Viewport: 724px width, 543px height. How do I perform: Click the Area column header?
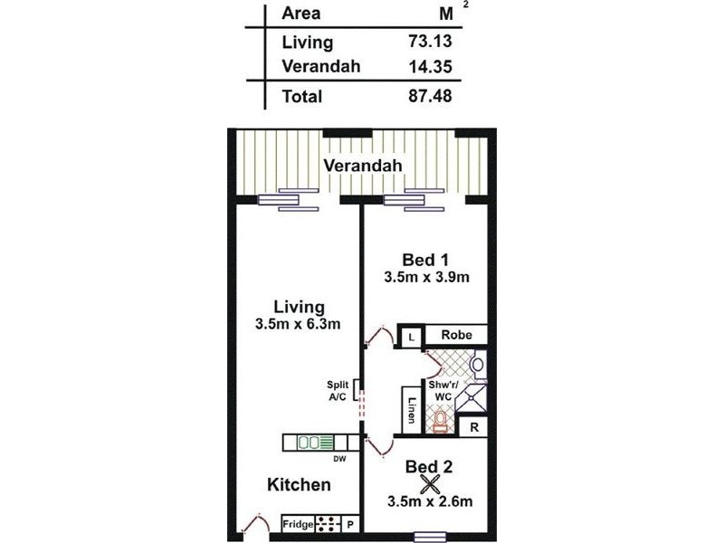click(x=300, y=14)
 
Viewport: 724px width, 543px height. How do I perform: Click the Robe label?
click(x=455, y=335)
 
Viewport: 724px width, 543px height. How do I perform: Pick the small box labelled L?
click(x=411, y=336)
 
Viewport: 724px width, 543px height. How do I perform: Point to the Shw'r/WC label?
click(x=444, y=390)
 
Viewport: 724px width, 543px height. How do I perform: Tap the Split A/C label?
click(x=338, y=391)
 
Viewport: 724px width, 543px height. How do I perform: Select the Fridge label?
click(x=298, y=524)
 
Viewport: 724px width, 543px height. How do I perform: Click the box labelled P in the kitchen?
click(x=349, y=524)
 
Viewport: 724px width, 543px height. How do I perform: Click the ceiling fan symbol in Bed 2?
click(x=429, y=484)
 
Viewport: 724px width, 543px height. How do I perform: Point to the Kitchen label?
click(x=299, y=485)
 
